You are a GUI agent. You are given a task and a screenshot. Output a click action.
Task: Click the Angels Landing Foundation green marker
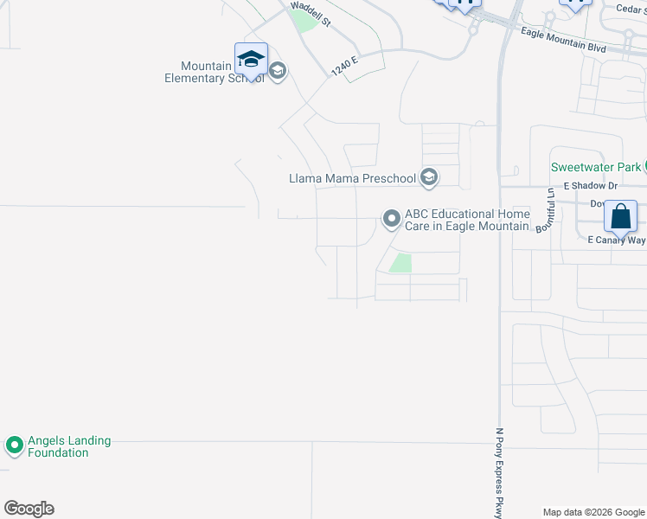point(14,446)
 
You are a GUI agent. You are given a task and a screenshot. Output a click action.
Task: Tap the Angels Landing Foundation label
point(69,446)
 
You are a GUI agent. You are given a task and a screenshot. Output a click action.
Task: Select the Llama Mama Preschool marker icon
point(428,178)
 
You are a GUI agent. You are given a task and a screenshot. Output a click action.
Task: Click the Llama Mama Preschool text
point(353,179)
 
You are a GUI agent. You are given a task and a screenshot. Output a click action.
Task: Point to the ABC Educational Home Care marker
point(392,220)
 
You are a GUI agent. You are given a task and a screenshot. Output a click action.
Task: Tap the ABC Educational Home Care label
point(467,220)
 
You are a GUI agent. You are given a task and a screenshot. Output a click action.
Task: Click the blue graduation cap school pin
point(251,60)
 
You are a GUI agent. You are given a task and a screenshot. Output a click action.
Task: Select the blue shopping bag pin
point(621,216)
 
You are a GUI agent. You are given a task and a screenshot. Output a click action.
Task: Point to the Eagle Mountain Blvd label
point(563,40)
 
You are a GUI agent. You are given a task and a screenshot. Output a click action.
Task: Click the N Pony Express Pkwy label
point(499,471)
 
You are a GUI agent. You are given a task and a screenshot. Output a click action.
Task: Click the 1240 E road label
point(343,63)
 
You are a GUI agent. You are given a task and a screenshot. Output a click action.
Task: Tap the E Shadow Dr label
point(591,186)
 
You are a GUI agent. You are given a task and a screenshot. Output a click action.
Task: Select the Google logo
point(29,509)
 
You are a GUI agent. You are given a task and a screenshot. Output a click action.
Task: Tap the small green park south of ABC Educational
point(400,264)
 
